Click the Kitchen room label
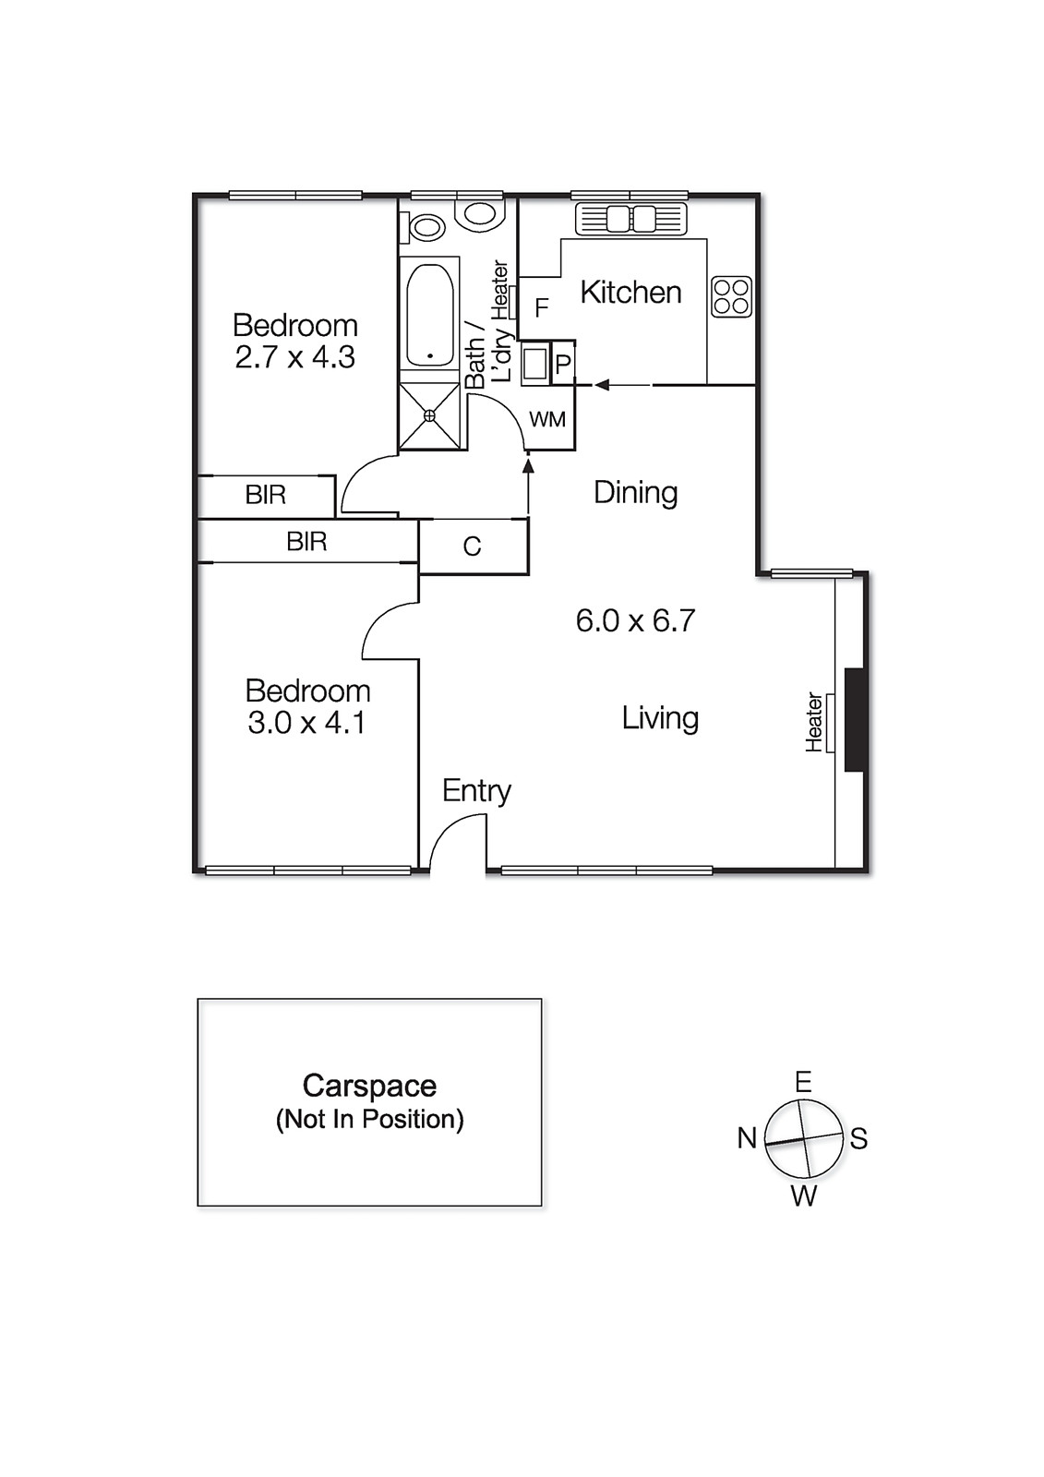tap(630, 293)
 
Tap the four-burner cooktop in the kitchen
tap(731, 297)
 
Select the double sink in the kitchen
tap(631, 219)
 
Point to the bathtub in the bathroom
tap(429, 316)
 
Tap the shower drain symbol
tap(429, 416)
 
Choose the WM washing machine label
tap(547, 420)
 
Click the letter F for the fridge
tap(542, 307)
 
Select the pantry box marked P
tap(563, 364)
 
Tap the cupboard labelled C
tap(473, 546)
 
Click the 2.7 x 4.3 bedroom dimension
tap(294, 357)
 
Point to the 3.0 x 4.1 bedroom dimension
tap(306, 723)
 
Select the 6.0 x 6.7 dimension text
tap(635, 620)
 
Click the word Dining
tap(635, 492)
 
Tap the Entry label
tap(476, 791)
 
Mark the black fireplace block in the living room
tap(855, 719)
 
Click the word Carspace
tap(369, 1086)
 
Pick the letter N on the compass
tap(747, 1138)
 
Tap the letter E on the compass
tap(803, 1082)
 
